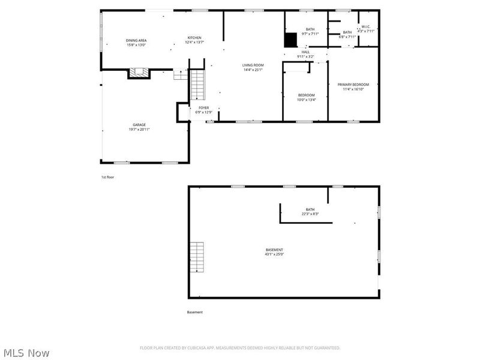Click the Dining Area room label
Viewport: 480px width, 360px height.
(x=136, y=43)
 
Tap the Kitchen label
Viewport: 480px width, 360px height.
(x=194, y=40)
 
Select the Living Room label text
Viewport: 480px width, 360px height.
(x=253, y=67)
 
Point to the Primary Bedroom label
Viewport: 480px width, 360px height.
(x=353, y=86)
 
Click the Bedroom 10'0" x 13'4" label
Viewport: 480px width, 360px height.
(x=306, y=97)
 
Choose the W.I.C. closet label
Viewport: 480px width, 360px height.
(x=366, y=29)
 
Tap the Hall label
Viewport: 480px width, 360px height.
(x=305, y=55)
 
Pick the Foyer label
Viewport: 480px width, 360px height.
(x=203, y=110)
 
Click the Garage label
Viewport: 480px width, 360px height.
(x=139, y=127)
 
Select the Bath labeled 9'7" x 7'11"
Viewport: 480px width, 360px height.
(x=310, y=31)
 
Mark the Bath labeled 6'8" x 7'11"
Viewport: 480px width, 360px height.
(x=347, y=34)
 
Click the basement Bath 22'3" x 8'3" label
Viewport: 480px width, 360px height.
(x=310, y=211)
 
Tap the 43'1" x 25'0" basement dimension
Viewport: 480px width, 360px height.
(x=274, y=254)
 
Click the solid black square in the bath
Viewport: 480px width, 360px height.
(x=290, y=40)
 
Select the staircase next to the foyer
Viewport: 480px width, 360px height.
(x=198, y=85)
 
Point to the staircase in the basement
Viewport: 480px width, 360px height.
(x=197, y=257)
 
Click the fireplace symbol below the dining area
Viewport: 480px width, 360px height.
(x=139, y=74)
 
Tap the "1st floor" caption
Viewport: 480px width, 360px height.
(x=107, y=178)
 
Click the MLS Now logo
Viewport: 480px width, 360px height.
(x=26, y=353)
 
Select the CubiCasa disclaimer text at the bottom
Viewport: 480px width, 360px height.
(x=240, y=348)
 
